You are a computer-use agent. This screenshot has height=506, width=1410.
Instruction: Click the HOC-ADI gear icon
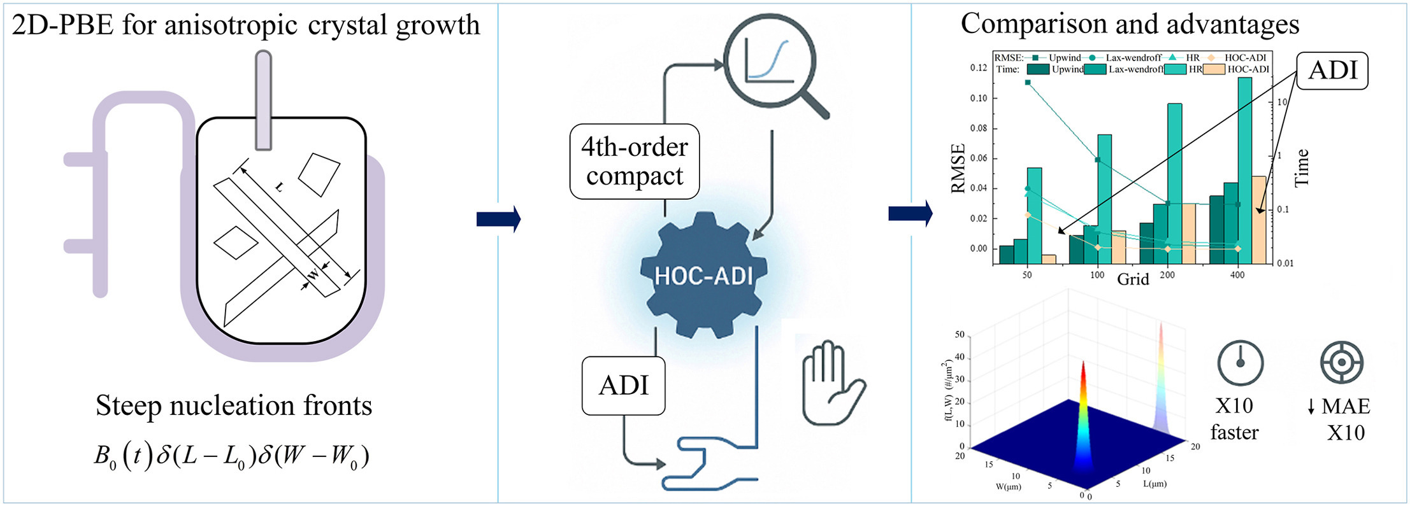coord(703,275)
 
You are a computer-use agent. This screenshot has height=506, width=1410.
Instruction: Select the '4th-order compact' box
coord(635,161)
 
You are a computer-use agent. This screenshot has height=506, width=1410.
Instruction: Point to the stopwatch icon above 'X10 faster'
coord(1240,363)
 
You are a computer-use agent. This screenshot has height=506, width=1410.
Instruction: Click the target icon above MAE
coord(1341,362)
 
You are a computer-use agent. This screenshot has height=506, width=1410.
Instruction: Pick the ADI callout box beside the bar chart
coord(1332,70)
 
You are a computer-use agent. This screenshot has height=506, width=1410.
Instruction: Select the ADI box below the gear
coord(623,386)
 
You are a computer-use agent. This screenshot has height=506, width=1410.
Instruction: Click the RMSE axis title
coord(958,169)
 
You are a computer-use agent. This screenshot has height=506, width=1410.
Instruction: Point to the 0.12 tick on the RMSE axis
coord(979,68)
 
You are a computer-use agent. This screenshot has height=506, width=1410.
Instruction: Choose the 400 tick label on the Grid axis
coord(1237,275)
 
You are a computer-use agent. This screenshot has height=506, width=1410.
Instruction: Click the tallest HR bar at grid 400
coord(1244,165)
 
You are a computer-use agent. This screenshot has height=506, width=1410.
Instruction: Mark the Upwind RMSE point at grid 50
coord(1028,83)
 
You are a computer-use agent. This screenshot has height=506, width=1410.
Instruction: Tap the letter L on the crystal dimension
coord(278,186)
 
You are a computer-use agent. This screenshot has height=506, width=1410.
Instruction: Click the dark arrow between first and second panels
coord(498,219)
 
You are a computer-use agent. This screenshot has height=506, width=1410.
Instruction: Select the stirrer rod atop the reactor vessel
coord(263,102)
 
